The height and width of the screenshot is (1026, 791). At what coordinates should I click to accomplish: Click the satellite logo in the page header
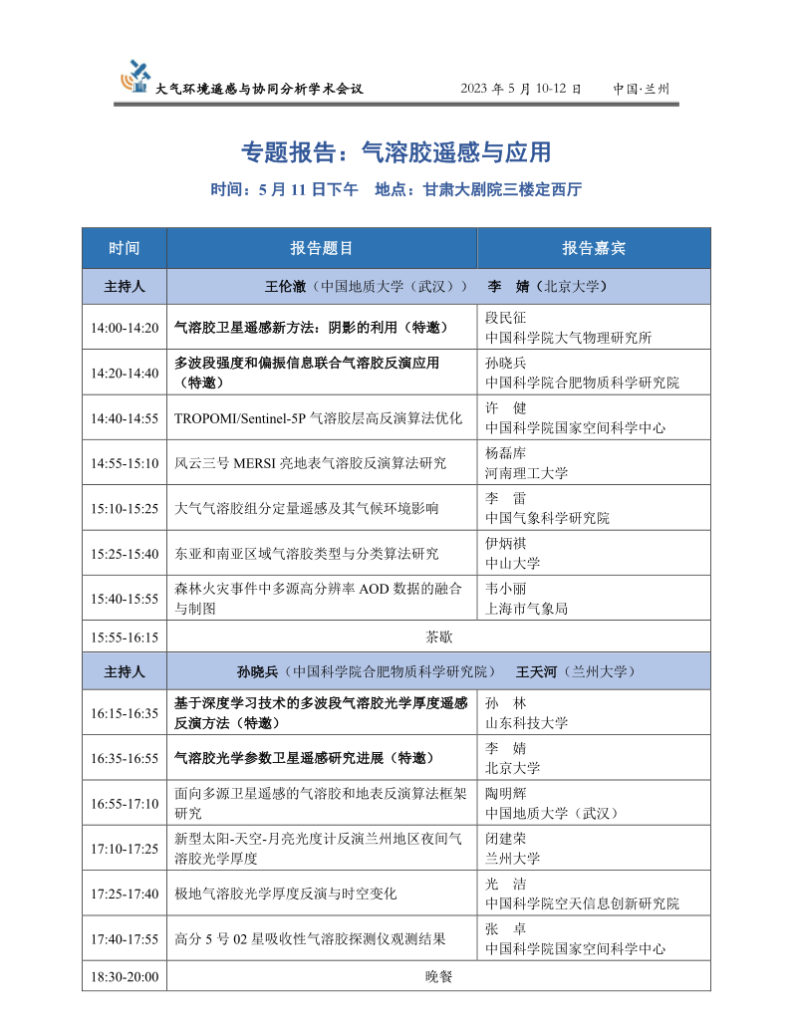click(x=135, y=77)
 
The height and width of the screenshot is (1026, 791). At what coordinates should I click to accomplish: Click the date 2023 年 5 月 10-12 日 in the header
click(x=521, y=89)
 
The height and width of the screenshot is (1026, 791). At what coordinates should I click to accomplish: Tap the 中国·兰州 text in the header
click(x=642, y=89)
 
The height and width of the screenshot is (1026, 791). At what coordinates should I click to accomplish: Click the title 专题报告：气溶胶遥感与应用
click(x=395, y=152)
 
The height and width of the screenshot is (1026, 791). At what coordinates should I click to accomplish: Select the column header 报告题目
click(x=322, y=248)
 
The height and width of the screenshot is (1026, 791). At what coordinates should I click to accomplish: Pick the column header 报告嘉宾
click(x=594, y=248)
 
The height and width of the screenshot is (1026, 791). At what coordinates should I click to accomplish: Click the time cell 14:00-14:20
click(x=125, y=328)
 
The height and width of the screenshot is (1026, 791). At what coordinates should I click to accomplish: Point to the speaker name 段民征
click(x=505, y=318)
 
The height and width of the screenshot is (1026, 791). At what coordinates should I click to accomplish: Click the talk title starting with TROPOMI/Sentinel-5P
click(x=319, y=418)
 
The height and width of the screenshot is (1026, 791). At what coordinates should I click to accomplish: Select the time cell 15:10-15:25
click(x=125, y=508)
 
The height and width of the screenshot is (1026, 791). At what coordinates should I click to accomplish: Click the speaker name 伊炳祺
click(x=504, y=543)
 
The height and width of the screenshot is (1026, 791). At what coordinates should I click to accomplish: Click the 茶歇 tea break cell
click(x=438, y=636)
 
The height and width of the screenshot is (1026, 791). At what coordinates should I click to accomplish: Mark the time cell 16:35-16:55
click(x=125, y=758)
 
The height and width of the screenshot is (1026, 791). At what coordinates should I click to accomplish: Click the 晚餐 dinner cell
click(x=438, y=976)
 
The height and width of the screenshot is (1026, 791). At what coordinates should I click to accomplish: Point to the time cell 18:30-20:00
click(x=125, y=976)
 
